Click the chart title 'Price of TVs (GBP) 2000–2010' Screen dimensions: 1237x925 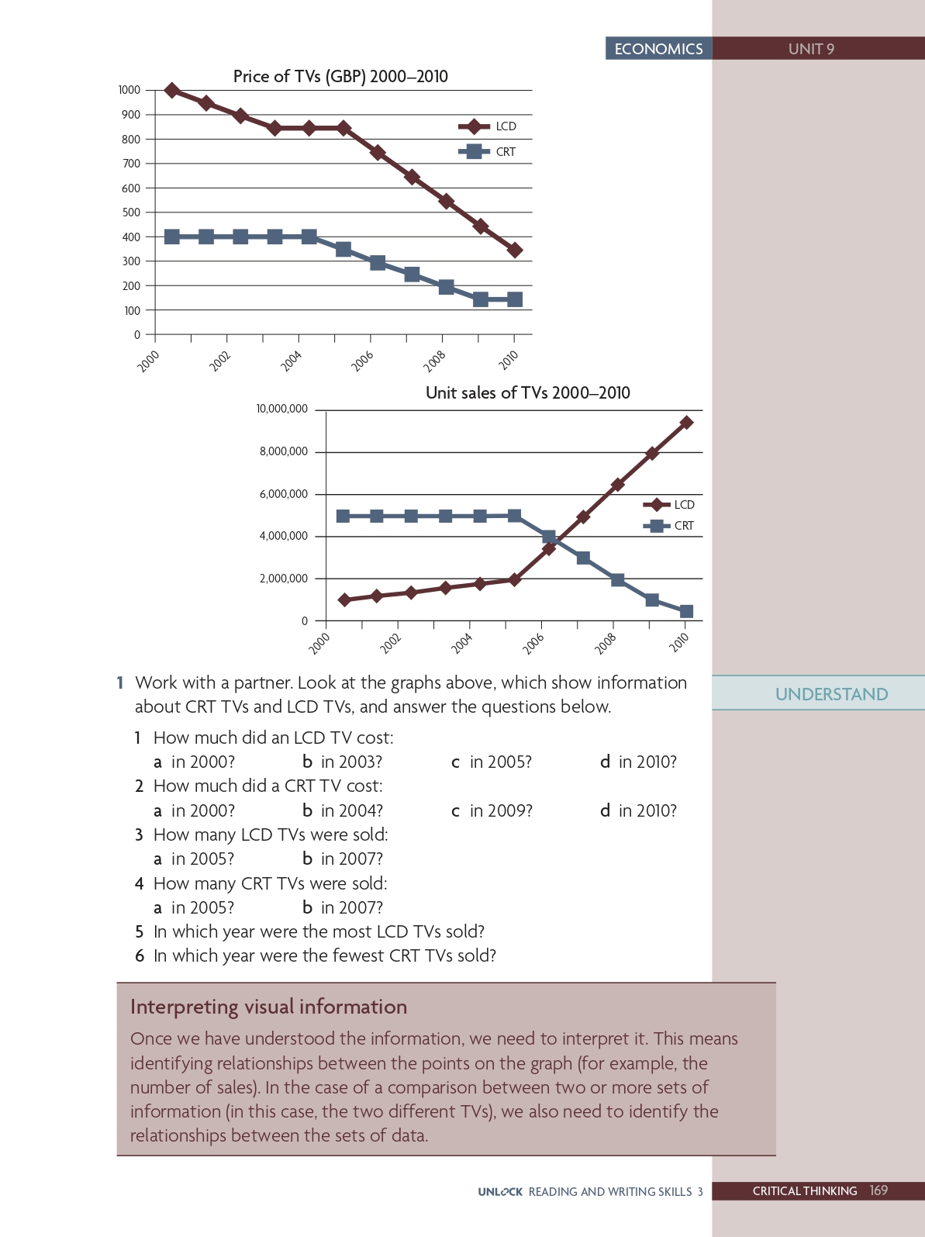coord(340,76)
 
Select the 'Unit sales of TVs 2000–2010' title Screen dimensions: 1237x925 coord(527,392)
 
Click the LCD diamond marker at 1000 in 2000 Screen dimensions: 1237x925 coord(172,91)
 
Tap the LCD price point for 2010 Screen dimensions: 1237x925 coord(514,250)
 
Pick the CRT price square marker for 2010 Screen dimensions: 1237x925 coord(514,299)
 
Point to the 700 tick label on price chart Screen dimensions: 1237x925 coord(131,164)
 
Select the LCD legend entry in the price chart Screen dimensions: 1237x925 coord(488,126)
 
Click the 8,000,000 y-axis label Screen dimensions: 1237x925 coord(283,451)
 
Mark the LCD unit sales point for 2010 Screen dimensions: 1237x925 coord(686,423)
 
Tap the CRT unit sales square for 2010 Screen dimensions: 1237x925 coord(686,611)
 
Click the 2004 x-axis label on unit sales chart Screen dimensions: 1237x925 coord(461,643)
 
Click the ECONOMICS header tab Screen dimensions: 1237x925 coord(658,49)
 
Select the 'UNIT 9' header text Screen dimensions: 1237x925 coord(811,49)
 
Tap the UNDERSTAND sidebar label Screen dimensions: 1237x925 coord(831,694)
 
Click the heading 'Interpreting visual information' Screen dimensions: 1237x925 coord(268,1007)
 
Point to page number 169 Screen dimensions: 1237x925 coord(878,1190)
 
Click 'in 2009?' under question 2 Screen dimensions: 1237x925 coord(500,810)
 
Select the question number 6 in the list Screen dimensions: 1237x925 coord(140,955)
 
